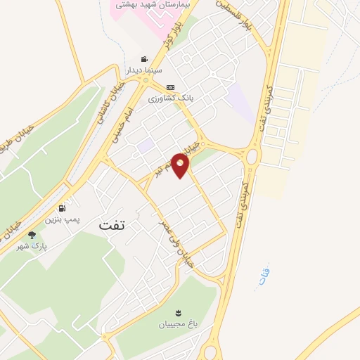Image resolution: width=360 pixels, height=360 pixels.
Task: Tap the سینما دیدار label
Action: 143,71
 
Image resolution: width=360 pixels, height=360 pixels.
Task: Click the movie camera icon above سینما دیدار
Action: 144,60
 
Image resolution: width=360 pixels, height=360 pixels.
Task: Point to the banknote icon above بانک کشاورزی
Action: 169,87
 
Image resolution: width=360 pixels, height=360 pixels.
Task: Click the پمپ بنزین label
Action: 63,219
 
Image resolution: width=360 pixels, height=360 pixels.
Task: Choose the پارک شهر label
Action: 31,246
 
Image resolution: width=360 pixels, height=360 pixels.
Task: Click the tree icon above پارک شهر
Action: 31,235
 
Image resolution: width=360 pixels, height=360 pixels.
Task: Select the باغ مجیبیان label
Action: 177,325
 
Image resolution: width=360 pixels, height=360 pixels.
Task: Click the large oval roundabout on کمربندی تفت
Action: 251,155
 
